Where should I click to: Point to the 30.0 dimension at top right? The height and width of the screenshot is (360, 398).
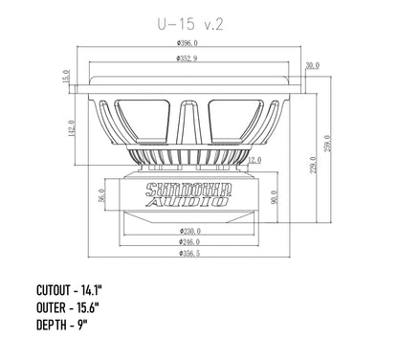[311, 66]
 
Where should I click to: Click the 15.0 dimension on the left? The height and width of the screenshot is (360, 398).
[64, 76]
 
